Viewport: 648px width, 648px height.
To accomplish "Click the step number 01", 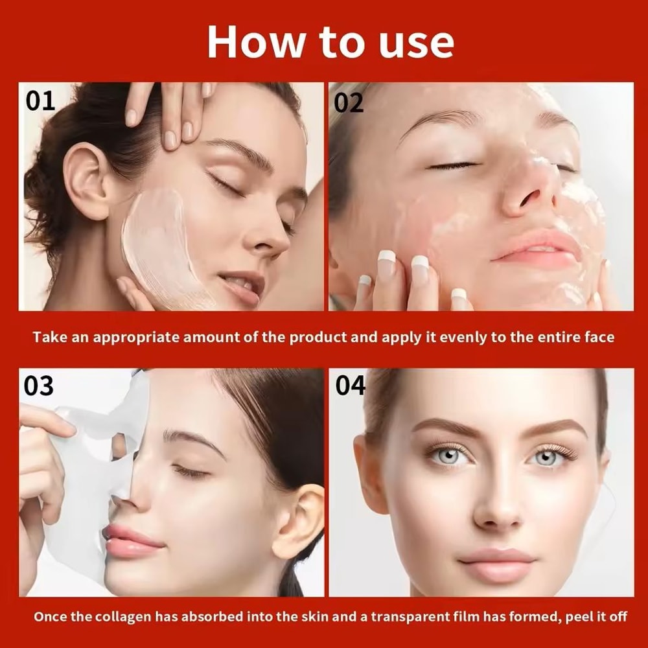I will point(40,101).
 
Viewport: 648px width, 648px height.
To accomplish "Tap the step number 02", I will point(349,103).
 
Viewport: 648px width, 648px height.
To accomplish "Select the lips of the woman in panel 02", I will point(535,249).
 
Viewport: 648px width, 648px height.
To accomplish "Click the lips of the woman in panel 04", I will point(496,561).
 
